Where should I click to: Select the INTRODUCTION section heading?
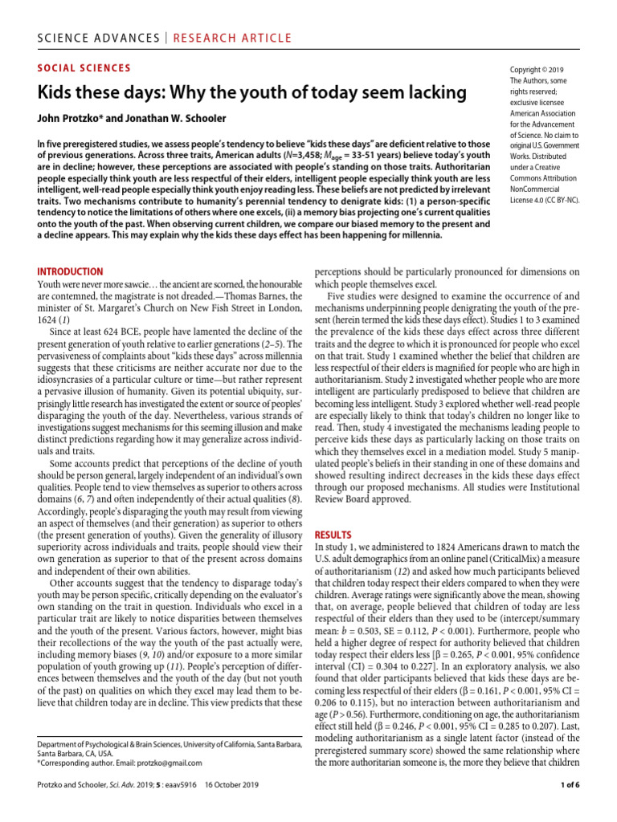[71, 272]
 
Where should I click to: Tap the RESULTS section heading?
[333, 534]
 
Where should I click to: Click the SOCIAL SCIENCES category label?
[84, 68]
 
